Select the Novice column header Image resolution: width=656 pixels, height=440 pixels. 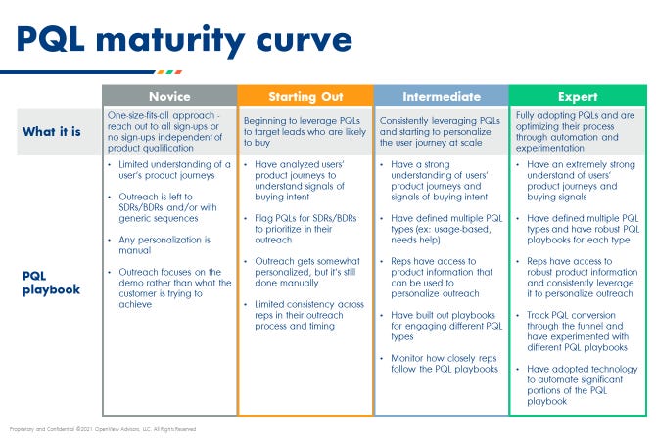click(x=169, y=97)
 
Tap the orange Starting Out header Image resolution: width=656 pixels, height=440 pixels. click(x=305, y=97)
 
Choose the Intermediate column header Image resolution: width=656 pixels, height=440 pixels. click(x=441, y=97)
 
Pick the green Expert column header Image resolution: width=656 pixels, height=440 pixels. click(x=578, y=97)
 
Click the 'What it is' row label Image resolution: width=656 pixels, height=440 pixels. click(x=53, y=131)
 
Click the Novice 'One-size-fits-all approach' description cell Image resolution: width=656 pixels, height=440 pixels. click(x=169, y=131)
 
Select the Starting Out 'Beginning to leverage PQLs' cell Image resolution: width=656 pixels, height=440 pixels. click(x=305, y=131)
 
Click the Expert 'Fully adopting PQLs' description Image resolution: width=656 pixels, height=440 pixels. click(x=578, y=131)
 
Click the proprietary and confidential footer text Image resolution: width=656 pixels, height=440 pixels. click(x=103, y=428)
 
